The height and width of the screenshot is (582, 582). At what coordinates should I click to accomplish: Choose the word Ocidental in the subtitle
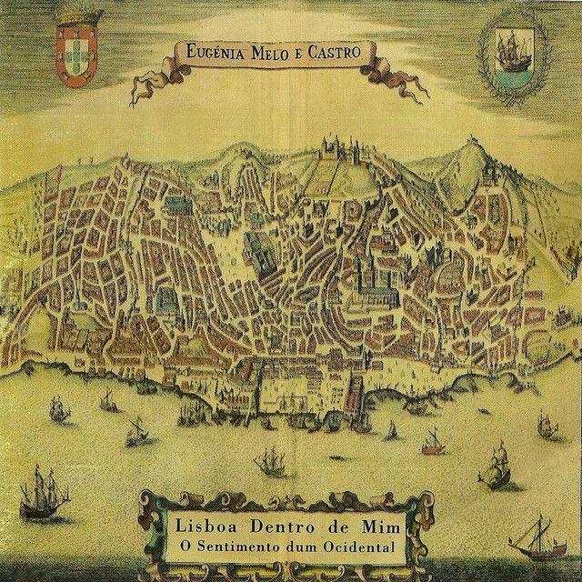pyautogui.click(x=354, y=549)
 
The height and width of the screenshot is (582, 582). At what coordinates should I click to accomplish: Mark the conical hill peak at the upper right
pyautogui.click(x=474, y=145)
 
